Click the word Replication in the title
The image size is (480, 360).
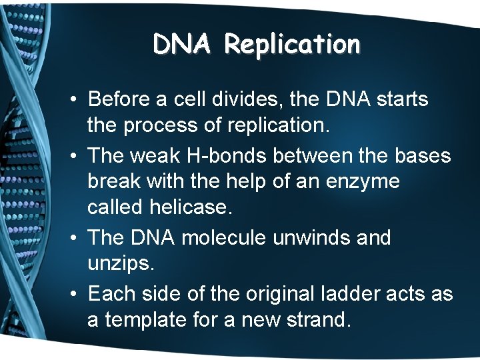click(x=292, y=45)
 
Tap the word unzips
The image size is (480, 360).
click(x=120, y=265)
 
